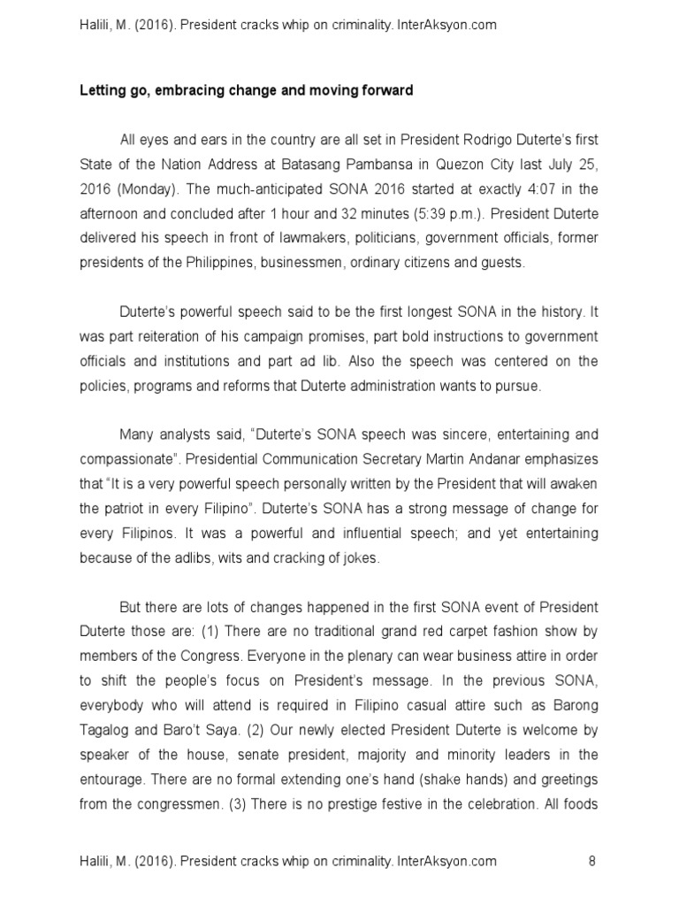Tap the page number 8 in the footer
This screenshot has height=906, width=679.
pos(591,861)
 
